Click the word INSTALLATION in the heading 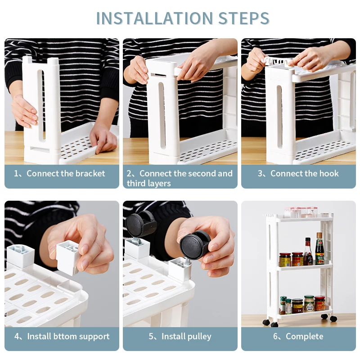(154, 18)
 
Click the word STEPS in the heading (243, 18)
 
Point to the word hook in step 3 (328, 173)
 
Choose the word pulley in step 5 (198, 337)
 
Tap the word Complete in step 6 (305, 337)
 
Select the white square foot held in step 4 (68, 256)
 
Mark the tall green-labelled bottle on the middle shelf (319, 249)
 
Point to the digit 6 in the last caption (275, 336)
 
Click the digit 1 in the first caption (16, 173)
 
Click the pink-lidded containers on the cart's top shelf (301, 212)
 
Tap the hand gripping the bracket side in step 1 (24, 111)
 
